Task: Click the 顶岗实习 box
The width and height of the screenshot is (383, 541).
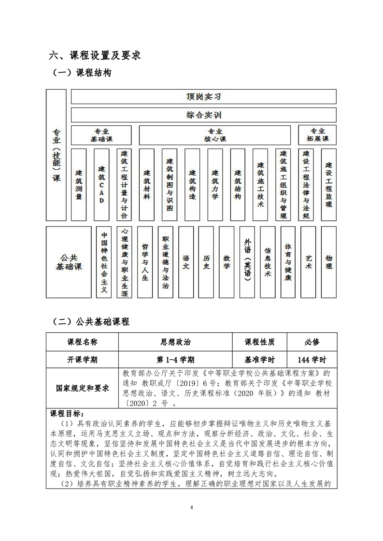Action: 203,96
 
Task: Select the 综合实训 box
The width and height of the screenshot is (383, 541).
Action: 203,115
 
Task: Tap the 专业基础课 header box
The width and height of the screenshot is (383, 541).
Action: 101,135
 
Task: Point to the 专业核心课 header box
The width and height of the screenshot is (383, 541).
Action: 215,135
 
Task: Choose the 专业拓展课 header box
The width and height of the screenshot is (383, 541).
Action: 317,135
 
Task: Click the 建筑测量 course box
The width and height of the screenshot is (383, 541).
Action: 79,185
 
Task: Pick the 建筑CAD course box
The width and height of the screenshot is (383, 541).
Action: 101,185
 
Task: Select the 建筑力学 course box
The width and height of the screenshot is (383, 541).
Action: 215,185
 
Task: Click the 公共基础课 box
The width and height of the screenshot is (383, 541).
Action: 69,262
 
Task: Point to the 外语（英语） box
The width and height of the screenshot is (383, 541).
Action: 247,262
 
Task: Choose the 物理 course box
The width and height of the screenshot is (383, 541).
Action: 329,262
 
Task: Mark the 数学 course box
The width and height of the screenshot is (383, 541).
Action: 227,262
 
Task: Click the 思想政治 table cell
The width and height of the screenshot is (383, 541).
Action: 175,342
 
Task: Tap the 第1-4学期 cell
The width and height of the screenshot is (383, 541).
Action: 175,360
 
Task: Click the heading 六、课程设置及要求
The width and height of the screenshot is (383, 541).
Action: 95,55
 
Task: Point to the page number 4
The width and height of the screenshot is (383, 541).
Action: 192,507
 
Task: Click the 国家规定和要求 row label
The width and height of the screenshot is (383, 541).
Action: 83,388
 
